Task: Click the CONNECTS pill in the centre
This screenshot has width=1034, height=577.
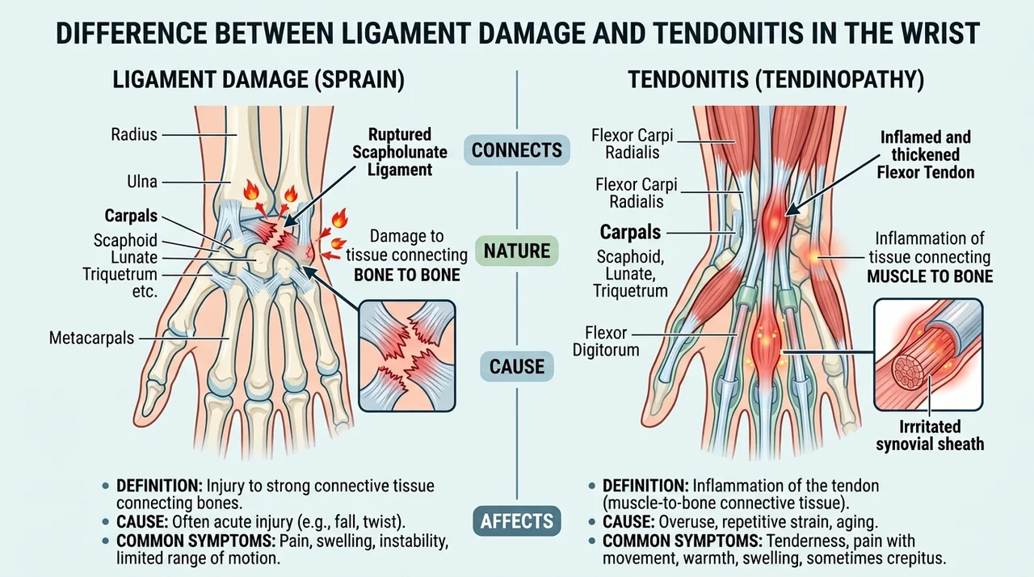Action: click(516, 150)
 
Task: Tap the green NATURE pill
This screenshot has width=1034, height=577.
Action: click(516, 251)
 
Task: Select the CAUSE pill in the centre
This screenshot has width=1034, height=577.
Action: click(516, 367)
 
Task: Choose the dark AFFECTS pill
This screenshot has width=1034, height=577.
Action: click(516, 521)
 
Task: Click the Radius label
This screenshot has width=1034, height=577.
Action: click(134, 135)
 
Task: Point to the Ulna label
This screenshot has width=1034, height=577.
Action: click(142, 182)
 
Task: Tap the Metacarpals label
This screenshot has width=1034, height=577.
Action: click(91, 338)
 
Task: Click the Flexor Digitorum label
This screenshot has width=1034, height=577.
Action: click(606, 341)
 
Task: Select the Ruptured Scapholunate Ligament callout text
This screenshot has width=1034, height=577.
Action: click(400, 152)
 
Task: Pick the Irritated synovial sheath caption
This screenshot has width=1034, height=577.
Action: click(930, 436)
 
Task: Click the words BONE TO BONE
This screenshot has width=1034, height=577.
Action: click(407, 275)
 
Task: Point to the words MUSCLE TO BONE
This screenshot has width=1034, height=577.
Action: click(930, 276)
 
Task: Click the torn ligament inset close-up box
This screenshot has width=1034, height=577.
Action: click(407, 356)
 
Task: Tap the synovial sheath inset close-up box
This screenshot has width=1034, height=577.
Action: click(928, 354)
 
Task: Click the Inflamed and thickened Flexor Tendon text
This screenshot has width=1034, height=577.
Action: click(926, 154)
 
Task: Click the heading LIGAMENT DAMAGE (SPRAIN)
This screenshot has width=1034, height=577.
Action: click(258, 79)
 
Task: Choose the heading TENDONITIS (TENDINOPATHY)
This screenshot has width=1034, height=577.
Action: click(776, 79)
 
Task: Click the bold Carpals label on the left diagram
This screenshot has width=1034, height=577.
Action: click(131, 216)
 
